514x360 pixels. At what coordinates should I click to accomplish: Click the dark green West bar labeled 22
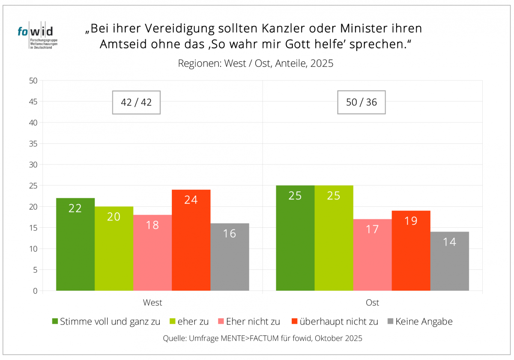coord(75,244)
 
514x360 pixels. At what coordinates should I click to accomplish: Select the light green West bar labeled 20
coord(114,248)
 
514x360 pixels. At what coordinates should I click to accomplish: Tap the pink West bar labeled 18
coord(152,253)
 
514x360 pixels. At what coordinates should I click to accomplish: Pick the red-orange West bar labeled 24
coord(191,240)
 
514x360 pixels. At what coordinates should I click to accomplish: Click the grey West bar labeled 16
coord(230,257)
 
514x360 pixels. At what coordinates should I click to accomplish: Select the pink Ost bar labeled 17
coord(372,255)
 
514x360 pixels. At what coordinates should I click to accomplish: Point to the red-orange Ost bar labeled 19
coord(411,250)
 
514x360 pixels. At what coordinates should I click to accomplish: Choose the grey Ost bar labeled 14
coord(449,261)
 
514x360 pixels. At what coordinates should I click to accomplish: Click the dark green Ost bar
coord(295,238)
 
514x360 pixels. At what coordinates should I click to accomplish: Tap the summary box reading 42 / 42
coord(136,102)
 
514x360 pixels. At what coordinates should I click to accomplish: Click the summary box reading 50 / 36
coord(361,102)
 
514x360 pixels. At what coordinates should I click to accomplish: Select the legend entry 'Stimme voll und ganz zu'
coord(106,321)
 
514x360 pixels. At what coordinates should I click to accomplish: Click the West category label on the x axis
coord(152,303)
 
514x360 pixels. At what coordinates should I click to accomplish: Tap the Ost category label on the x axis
coord(372,303)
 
